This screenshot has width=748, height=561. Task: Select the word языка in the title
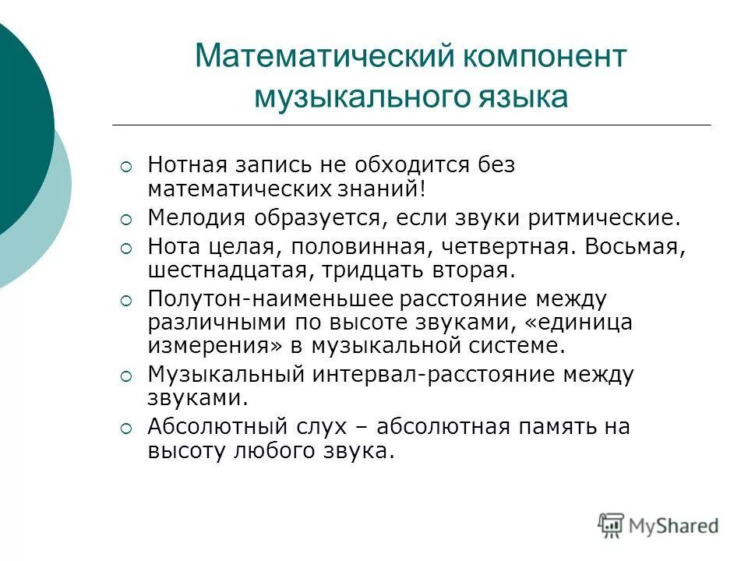(525, 98)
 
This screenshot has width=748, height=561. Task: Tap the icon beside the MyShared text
(612, 525)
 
